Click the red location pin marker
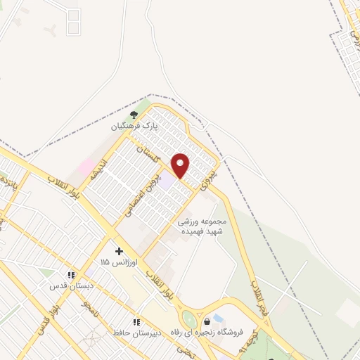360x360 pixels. [x=181, y=165]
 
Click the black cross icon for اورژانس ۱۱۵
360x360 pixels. [x=119, y=250]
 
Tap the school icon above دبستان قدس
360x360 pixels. [x=70, y=274]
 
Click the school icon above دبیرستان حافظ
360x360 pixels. [x=136, y=321]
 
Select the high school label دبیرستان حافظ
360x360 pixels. [x=136, y=333]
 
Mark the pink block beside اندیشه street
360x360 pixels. [x=88, y=167]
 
